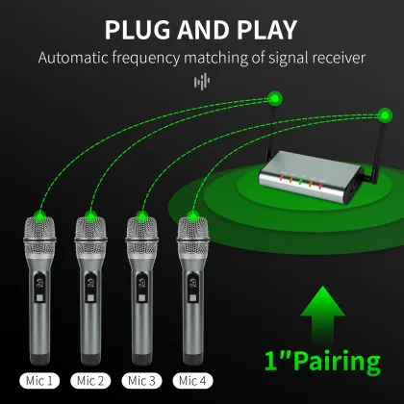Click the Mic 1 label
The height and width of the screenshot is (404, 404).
pos(38,380)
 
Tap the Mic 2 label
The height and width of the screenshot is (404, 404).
pos(92,380)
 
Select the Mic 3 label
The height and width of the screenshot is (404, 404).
pos(144,380)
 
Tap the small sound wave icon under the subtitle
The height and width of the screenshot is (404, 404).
pos(201,82)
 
